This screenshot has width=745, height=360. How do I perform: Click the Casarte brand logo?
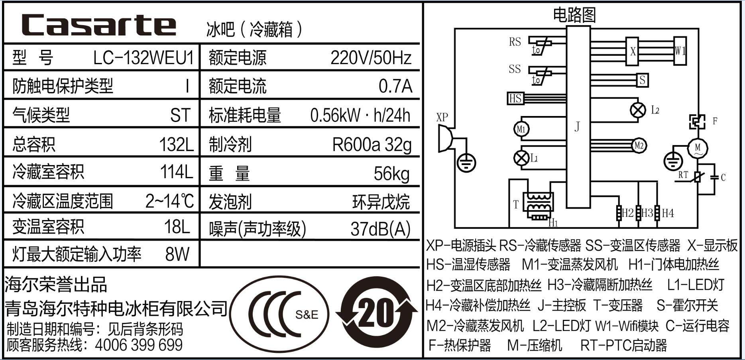99,25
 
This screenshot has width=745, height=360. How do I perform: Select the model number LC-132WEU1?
143,58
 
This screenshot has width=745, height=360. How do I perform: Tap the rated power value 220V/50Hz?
370,58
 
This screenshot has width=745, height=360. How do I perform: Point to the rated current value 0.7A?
395,86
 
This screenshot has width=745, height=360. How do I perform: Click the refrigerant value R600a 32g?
372,145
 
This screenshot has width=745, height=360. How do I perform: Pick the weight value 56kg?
391,173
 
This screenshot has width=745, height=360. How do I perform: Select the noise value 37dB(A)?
380,229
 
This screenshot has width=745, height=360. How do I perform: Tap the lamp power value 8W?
177,254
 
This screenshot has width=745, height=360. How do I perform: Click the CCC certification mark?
279,313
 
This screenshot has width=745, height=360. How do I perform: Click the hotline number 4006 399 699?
139,345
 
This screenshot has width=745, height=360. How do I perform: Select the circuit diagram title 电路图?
574,15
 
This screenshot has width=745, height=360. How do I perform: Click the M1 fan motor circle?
521,129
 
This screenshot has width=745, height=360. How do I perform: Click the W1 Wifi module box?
680,51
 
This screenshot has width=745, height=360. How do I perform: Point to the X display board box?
633,51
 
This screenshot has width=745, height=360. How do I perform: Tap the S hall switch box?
642,80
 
